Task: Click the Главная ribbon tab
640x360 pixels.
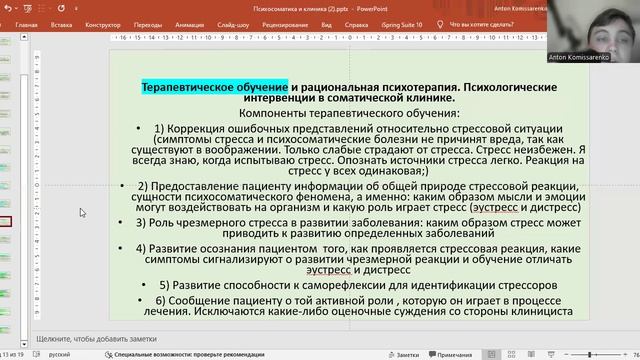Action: point(27,22)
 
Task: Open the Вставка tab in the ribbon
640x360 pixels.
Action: point(60,22)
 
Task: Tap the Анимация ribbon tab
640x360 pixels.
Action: point(189,22)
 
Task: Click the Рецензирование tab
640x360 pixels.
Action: point(286,22)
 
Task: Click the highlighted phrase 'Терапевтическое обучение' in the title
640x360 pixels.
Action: point(214,87)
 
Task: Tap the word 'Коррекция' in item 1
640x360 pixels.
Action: point(186,131)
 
